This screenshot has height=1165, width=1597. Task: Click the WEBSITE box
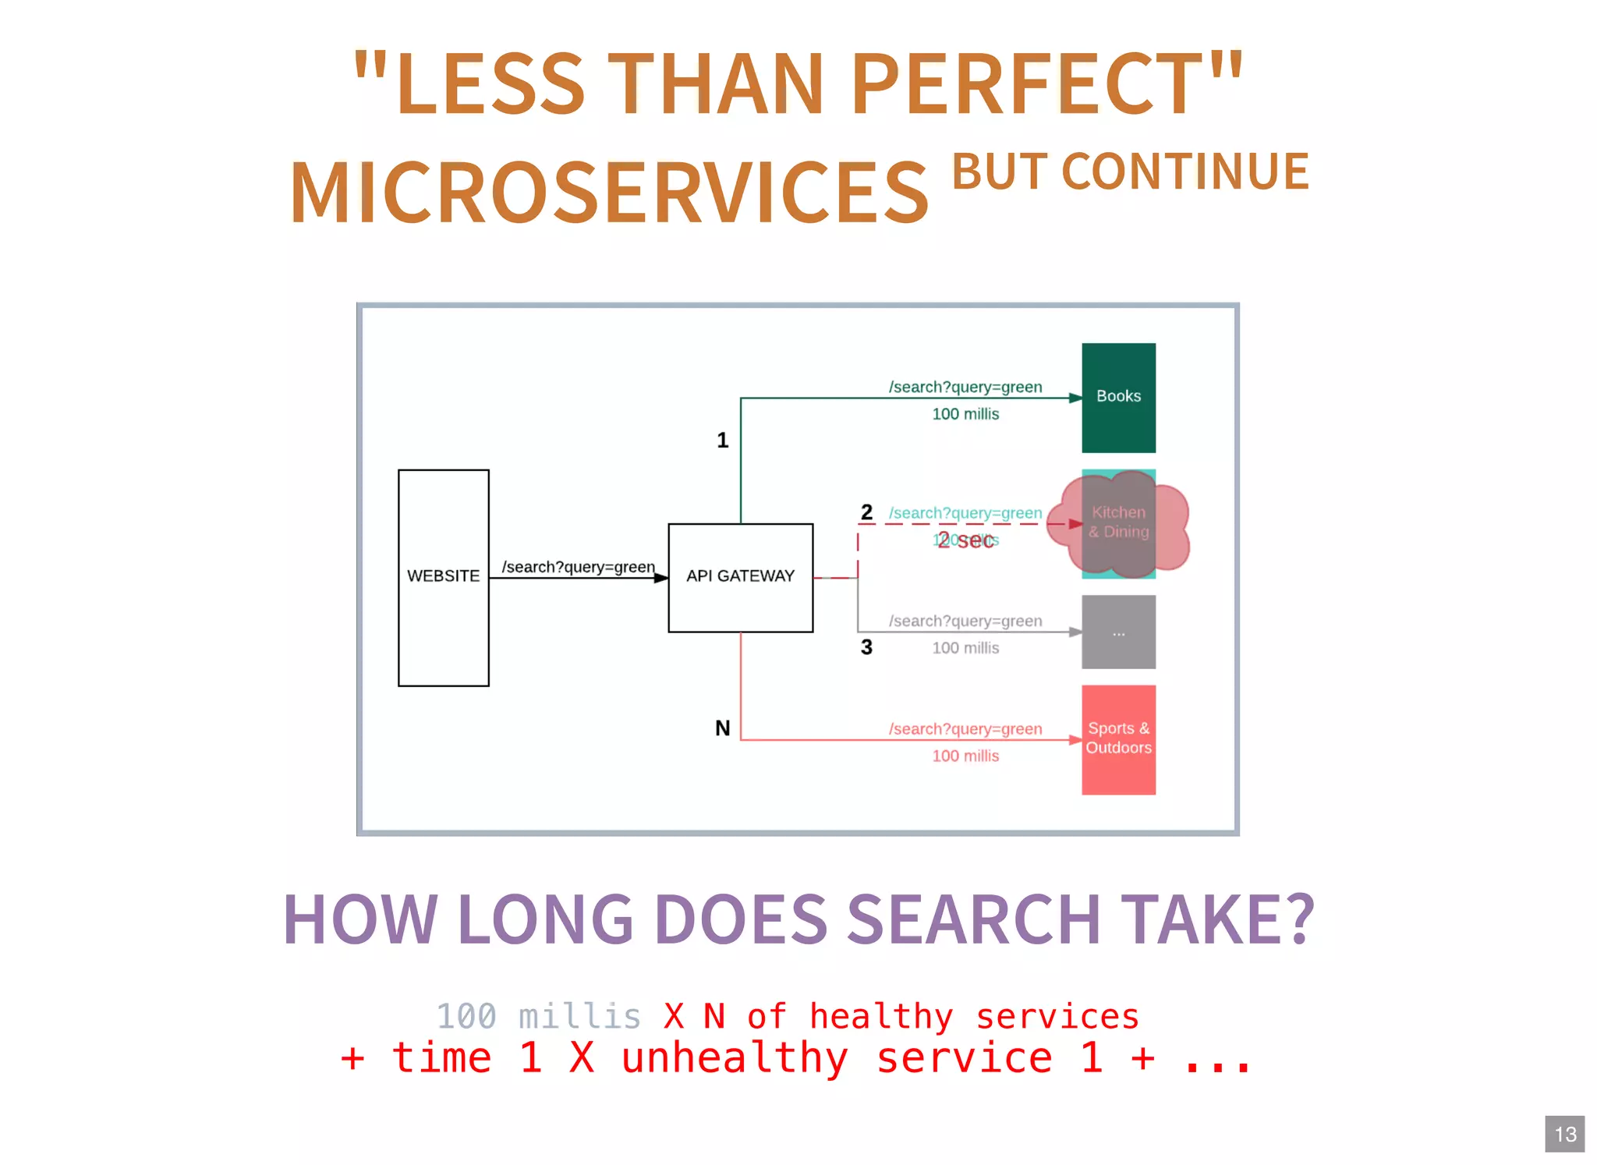(443, 577)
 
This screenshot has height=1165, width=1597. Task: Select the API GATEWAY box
(740, 577)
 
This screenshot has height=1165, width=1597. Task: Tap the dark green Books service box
(1118, 397)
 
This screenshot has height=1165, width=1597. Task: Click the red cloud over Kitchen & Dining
(1118, 523)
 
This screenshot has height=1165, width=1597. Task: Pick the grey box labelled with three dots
(1118, 632)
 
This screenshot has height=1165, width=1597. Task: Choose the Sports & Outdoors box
(1118, 738)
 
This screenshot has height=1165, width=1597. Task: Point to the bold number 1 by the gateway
(723, 441)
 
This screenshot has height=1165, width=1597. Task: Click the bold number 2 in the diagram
(866, 512)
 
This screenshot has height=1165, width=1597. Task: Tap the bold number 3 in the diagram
(866, 647)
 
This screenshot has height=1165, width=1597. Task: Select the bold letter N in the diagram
(723, 728)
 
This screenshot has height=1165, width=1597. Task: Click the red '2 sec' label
(965, 540)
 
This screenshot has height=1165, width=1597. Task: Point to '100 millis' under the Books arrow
(965, 414)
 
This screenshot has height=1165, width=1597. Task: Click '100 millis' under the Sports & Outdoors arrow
(965, 756)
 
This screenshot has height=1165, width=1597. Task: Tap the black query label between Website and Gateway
(578, 567)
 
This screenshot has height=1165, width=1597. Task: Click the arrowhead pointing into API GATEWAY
(660, 578)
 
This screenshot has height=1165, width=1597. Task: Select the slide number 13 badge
(1564, 1134)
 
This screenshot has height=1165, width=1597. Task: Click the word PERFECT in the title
(1028, 83)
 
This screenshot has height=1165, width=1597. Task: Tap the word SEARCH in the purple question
(974, 919)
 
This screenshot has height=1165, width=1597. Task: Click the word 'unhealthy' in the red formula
(735, 1058)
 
